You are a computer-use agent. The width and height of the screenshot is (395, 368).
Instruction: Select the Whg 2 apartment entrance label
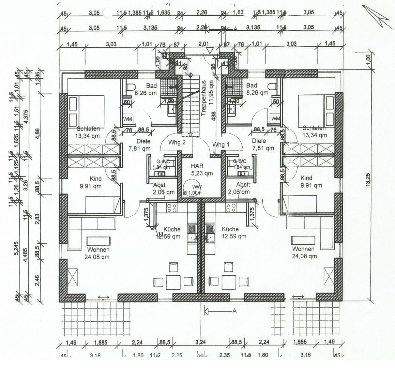point(177,142)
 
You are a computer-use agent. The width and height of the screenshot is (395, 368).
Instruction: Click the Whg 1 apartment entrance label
point(221,144)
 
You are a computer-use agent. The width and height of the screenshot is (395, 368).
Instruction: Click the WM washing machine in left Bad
point(127,118)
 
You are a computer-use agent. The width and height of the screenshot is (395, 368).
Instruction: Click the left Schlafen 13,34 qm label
point(88,132)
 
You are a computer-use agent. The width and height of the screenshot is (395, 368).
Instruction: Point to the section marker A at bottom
point(234,310)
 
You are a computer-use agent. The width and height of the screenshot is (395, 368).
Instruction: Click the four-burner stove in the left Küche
point(172,208)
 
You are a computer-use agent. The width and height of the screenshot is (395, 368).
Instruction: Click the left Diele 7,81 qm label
point(139,144)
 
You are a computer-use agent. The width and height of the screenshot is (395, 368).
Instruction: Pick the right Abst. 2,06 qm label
point(243,188)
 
